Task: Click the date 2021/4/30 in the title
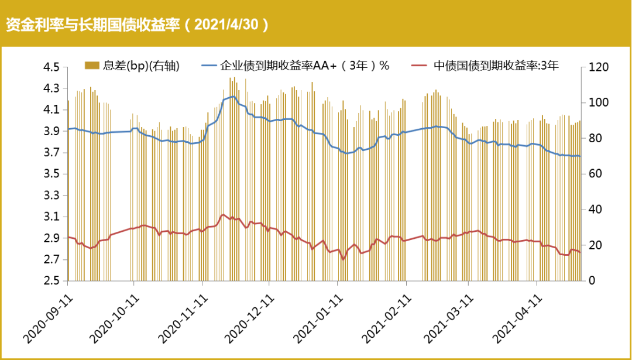[x=231, y=25]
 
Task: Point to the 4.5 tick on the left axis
[x=51, y=67]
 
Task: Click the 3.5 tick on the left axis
[x=51, y=174]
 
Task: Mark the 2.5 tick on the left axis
[x=51, y=281]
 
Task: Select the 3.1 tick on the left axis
[x=51, y=217]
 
